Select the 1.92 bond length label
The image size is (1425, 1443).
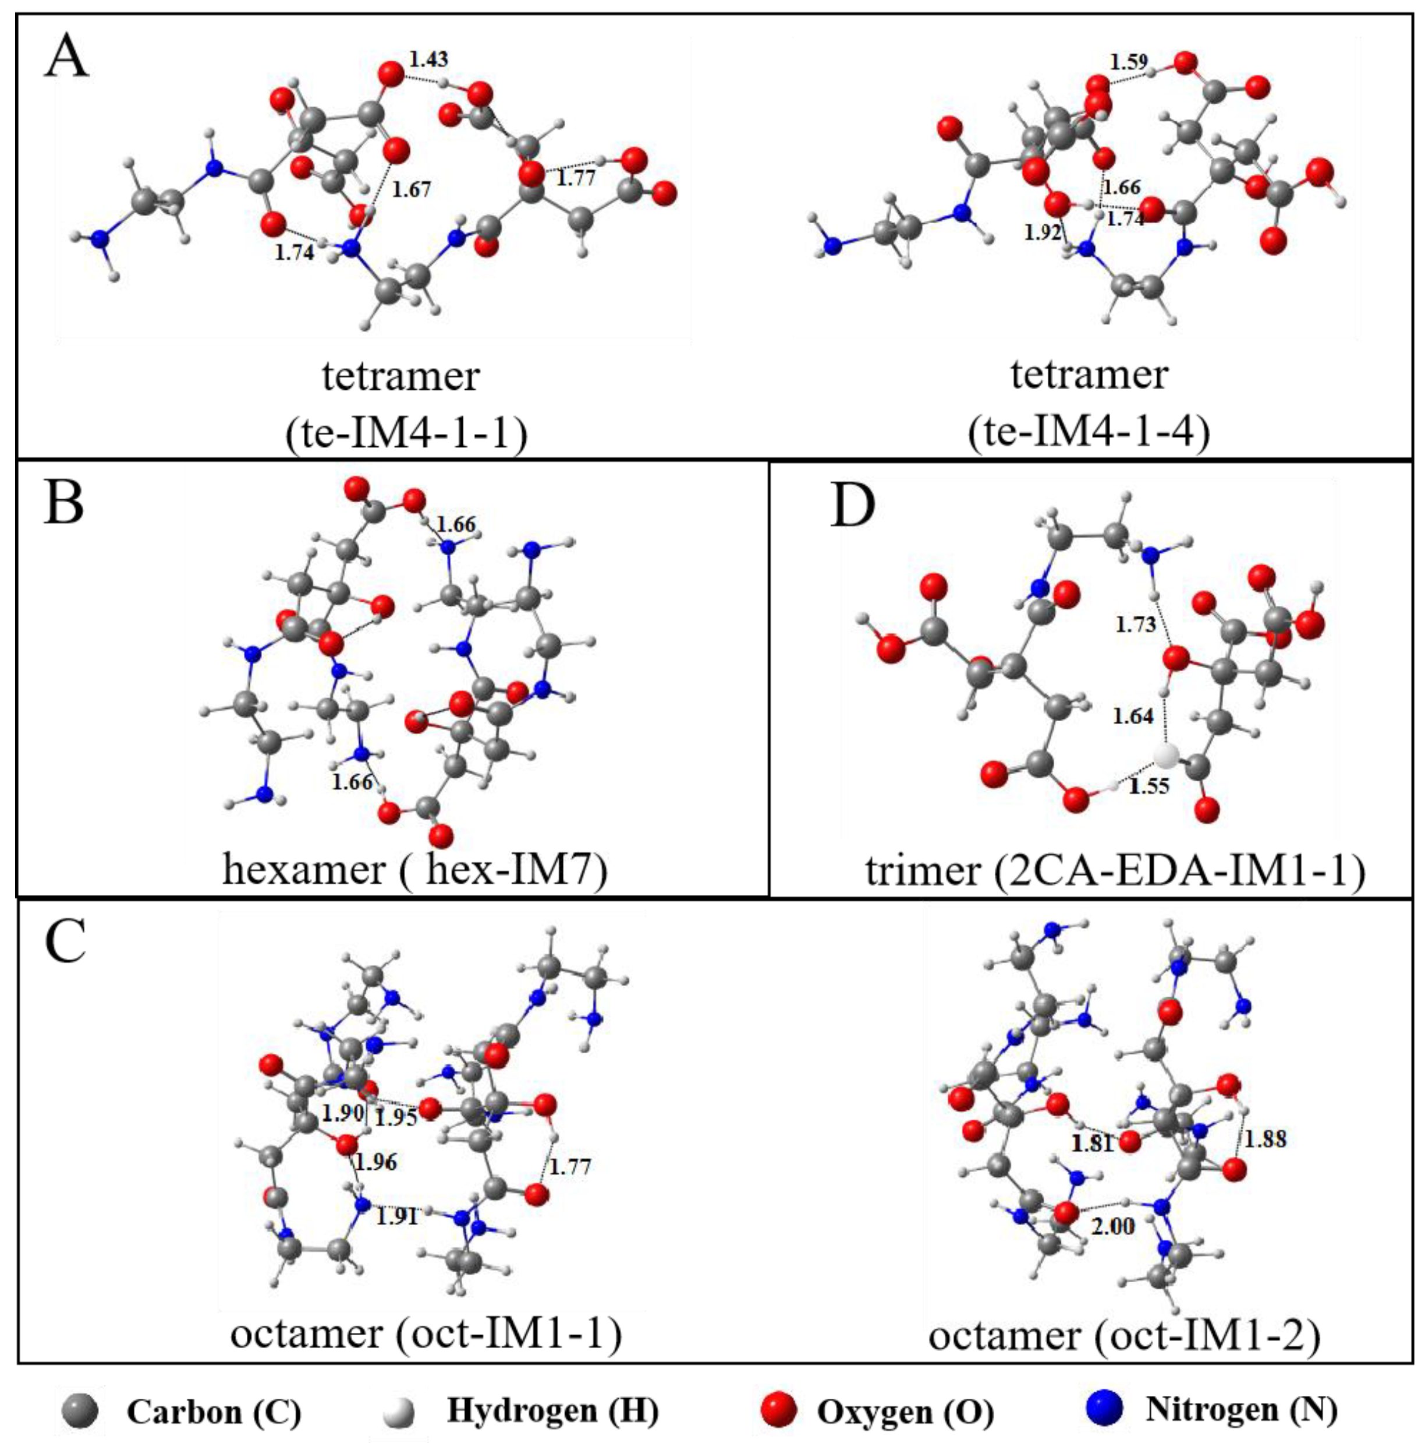1042,232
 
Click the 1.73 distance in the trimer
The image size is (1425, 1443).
1135,625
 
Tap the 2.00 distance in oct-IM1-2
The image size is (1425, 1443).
1113,1226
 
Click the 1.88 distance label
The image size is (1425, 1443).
1266,1139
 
